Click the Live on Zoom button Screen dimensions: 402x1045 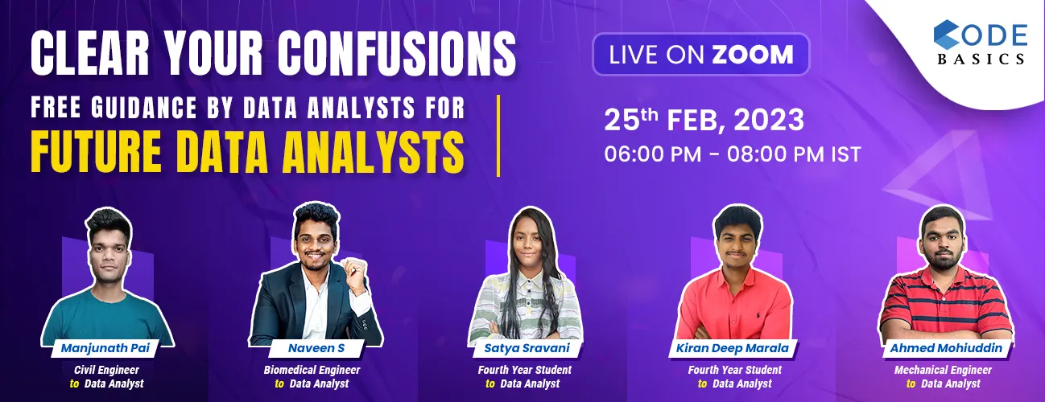[700, 55]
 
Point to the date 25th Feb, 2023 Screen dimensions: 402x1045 [704, 121]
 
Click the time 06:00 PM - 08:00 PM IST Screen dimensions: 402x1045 [733, 154]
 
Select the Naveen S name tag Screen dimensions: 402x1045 [312, 348]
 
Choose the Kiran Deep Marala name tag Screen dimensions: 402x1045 [734, 348]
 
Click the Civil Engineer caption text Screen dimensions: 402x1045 [107, 370]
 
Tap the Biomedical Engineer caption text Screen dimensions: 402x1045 [312, 370]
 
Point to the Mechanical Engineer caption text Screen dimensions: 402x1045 [943, 370]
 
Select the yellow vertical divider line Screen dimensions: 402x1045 [498, 135]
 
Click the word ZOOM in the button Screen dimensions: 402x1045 [752, 55]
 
